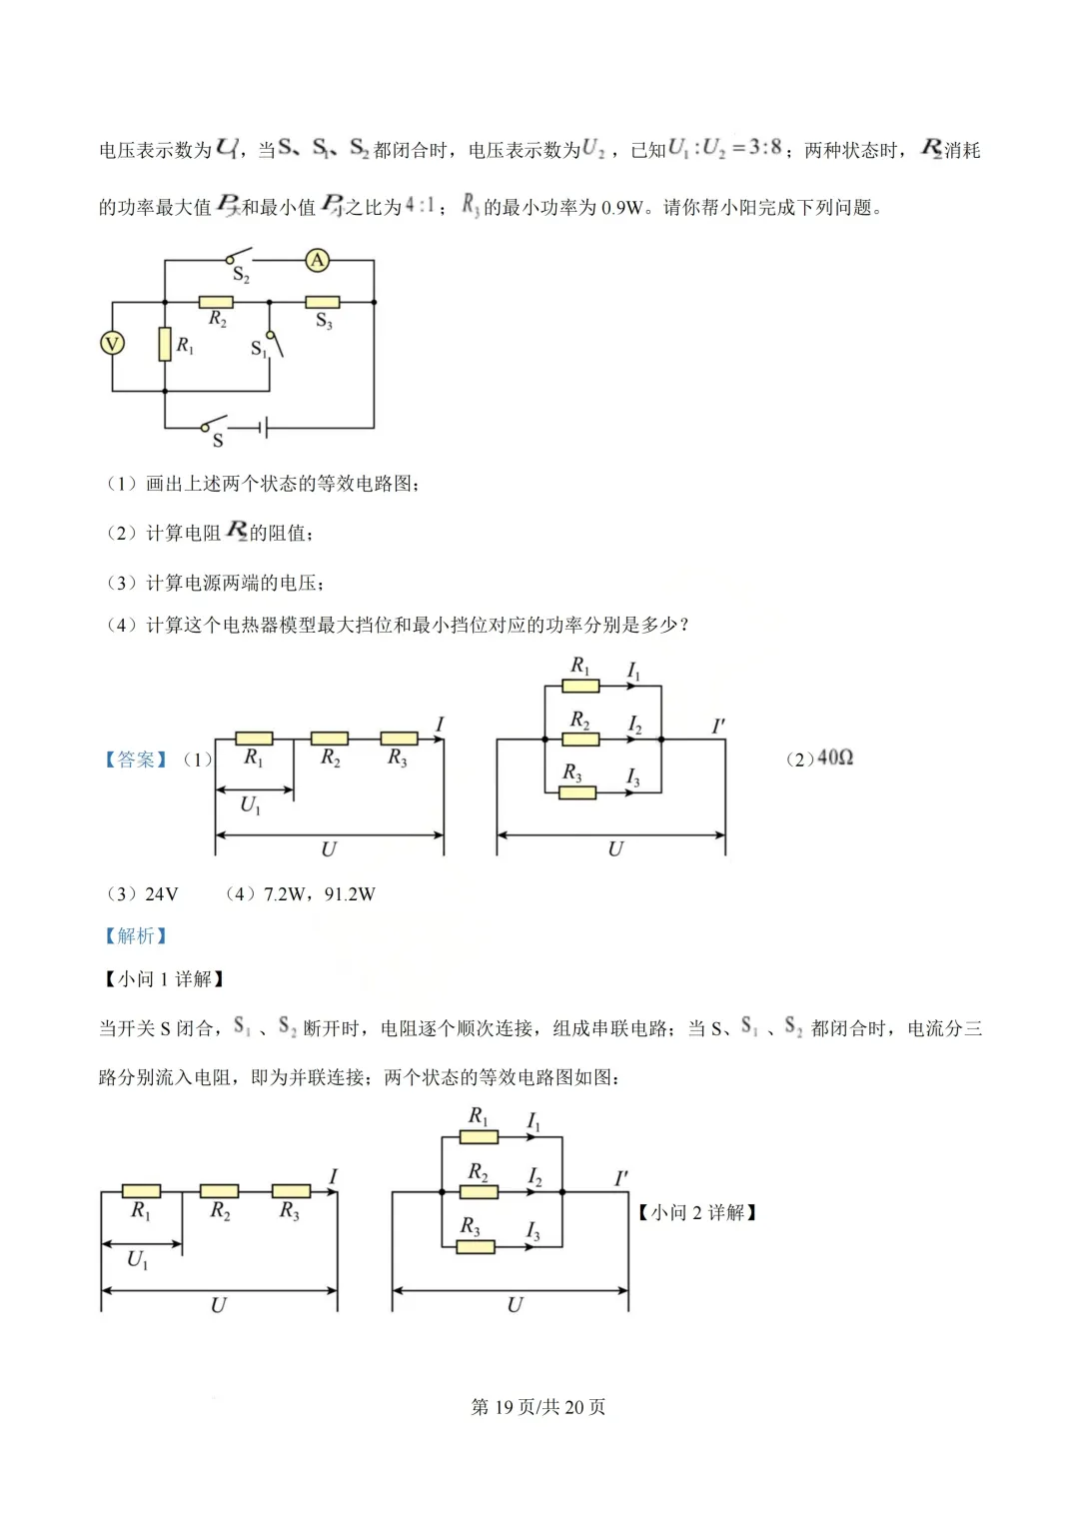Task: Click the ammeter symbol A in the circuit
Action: pyautogui.click(x=318, y=261)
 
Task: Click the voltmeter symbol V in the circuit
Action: pyautogui.click(x=112, y=344)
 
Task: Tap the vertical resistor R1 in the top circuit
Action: pyautogui.click(x=165, y=344)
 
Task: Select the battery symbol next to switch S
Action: pyautogui.click(x=264, y=429)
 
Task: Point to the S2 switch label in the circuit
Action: pyautogui.click(x=241, y=275)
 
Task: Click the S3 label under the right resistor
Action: pyautogui.click(x=324, y=321)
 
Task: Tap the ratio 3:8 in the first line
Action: pyautogui.click(x=765, y=148)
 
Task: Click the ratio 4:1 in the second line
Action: pyautogui.click(x=420, y=206)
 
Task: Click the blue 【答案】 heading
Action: pyautogui.click(x=136, y=760)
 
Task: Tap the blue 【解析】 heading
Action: pyautogui.click(x=136, y=935)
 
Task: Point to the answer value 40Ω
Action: pyautogui.click(x=834, y=759)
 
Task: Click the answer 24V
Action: pyautogui.click(x=161, y=894)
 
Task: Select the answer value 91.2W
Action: pyautogui.click(x=350, y=894)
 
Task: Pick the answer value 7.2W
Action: pyautogui.click(x=285, y=894)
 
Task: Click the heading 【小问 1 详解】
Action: pyautogui.click(x=165, y=979)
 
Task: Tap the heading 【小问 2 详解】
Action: pyautogui.click(x=697, y=1212)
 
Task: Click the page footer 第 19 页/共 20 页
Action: pyautogui.click(x=539, y=1407)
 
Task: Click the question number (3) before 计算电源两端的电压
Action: pyautogui.click(x=121, y=583)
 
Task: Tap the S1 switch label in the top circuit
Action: pyautogui.click(x=258, y=349)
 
